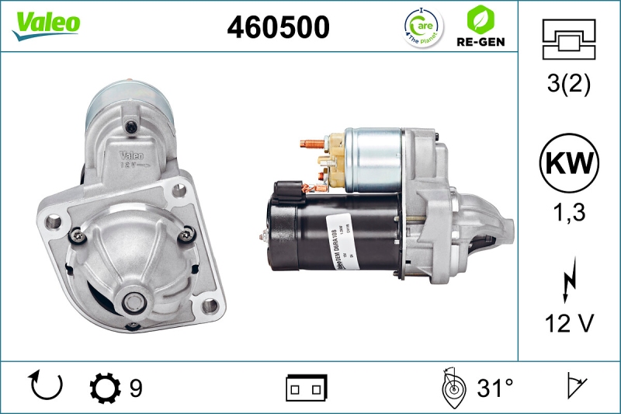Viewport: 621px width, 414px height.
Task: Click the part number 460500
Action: (278, 27)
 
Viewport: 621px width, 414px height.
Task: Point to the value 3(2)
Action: (568, 84)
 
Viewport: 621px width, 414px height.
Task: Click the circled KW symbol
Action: (569, 163)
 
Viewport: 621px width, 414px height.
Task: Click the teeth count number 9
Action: (136, 387)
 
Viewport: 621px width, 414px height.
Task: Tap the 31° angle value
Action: (495, 387)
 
